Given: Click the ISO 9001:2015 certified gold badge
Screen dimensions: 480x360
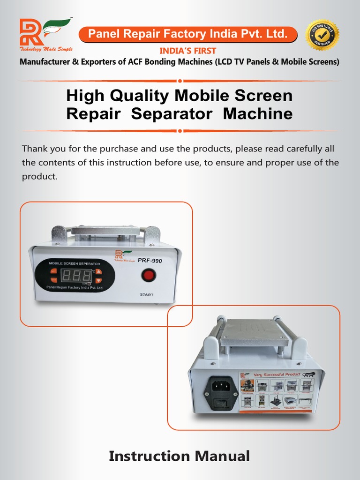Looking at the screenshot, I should coord(322,35).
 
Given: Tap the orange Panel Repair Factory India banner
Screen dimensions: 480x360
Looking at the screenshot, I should coord(187,34).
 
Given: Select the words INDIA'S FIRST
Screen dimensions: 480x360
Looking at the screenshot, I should coord(187,51).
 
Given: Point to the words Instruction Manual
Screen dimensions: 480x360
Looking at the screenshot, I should coord(179,456).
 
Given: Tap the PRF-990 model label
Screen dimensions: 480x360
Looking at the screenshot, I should coord(150,261).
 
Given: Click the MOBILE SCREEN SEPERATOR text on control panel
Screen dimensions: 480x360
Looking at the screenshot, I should coord(75,264).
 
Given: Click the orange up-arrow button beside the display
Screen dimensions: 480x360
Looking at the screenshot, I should coord(98,272).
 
